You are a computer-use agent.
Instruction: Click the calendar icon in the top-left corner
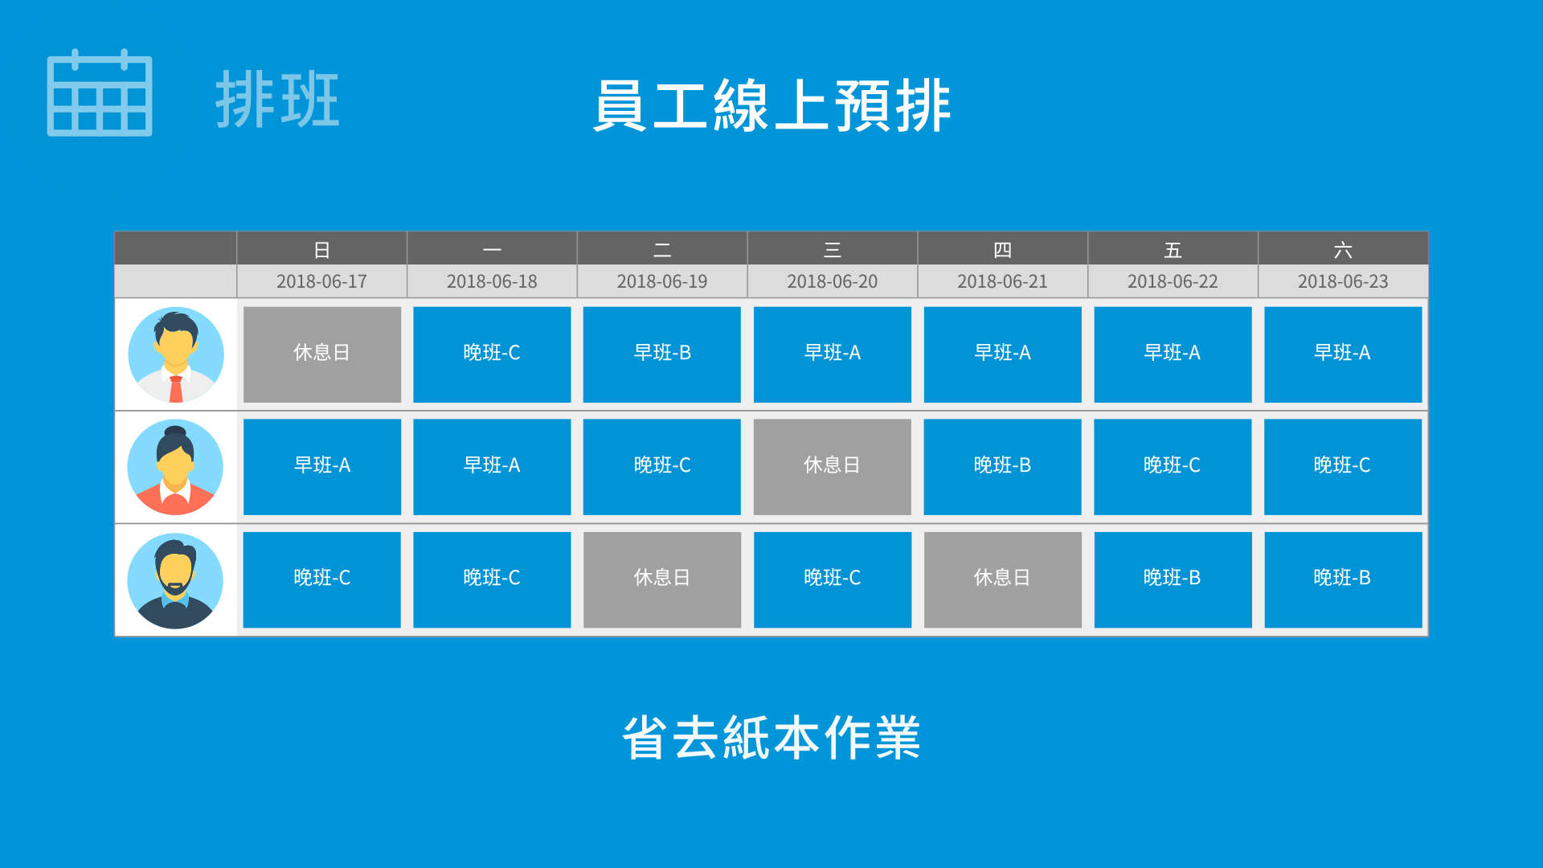[100, 92]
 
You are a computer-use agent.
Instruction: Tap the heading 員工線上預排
[771, 105]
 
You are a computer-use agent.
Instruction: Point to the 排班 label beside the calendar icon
[277, 100]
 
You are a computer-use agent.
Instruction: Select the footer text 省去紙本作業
[771, 738]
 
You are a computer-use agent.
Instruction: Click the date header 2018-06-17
[321, 281]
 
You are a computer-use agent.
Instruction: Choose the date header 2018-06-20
[832, 281]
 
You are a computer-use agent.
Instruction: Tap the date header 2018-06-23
[1343, 281]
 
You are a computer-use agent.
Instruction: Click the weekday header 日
[321, 250]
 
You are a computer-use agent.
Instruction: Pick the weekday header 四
[1002, 250]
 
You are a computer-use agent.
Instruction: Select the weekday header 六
[1343, 250]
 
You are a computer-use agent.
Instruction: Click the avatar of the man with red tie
[176, 354]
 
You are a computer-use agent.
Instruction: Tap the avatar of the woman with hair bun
[175, 467]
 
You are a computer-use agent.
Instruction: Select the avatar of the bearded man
[175, 580]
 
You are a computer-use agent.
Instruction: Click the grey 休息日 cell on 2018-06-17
[321, 354]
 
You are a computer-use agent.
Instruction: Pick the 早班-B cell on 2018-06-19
[661, 354]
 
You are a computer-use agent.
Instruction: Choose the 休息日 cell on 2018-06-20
[832, 467]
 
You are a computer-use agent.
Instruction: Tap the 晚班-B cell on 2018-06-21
[1002, 467]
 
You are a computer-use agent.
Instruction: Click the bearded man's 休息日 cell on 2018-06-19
[661, 579]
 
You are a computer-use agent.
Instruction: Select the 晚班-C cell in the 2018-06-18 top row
[492, 354]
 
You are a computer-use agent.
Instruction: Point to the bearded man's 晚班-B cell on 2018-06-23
[1343, 579]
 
